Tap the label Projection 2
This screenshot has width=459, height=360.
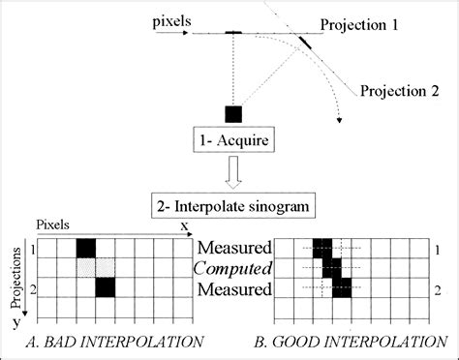pos(399,91)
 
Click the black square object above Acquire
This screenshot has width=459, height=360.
pos(232,113)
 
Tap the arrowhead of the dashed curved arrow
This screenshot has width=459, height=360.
pos(340,120)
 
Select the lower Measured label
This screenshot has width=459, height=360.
pos(232,287)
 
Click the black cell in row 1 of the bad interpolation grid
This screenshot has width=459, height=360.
pos(86,248)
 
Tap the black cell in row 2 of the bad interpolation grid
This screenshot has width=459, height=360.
pos(106,287)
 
